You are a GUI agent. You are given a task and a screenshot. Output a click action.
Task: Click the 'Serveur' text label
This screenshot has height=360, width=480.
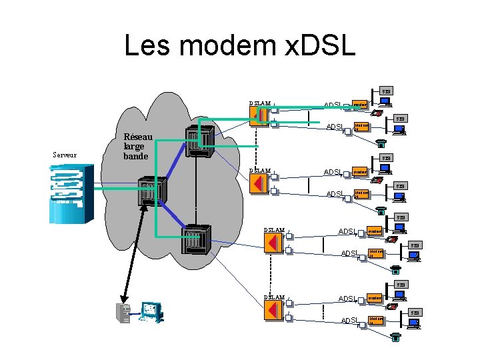coord(65,155)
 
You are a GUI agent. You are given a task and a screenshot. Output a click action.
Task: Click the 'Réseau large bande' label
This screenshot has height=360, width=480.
coord(138,147)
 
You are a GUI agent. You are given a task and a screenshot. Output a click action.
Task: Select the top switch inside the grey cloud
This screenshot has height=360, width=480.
coord(199,141)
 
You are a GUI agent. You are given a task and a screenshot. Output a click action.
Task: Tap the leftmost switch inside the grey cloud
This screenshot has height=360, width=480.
coord(151,192)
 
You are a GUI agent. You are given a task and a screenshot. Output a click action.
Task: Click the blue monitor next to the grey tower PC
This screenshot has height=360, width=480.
coord(151,312)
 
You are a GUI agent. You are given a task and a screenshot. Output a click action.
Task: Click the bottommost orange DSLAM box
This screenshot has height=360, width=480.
coord(273,309)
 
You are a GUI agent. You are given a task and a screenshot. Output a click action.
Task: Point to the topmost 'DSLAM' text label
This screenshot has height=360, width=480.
coord(260,103)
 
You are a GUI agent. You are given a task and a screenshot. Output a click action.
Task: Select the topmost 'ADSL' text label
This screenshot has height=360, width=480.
coord(333,105)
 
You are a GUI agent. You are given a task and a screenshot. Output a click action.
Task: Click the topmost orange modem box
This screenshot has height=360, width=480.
coord(360,105)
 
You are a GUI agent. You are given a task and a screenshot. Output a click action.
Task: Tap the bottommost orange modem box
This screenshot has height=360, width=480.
coord(375,321)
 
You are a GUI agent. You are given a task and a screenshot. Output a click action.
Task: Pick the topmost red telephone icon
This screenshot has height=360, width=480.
coord(378,113)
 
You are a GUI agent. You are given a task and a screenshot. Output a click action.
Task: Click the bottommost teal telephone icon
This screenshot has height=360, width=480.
coord(396,337)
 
